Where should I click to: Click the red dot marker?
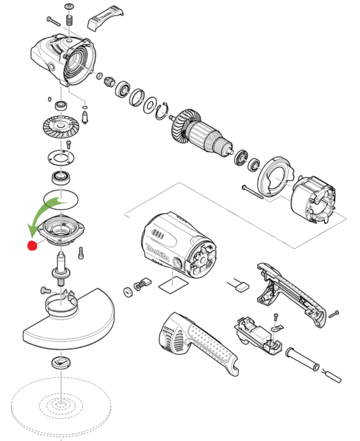coord(32,246)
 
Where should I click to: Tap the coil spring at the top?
coord(69,20)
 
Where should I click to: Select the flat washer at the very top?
coord(69,7)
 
